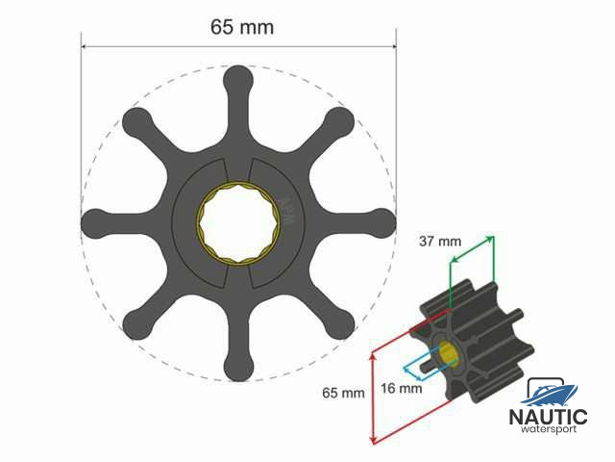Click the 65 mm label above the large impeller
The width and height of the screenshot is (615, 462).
coord(242,27)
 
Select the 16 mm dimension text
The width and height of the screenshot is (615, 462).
coord(401,389)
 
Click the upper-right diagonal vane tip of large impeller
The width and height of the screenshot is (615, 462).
coord(339,120)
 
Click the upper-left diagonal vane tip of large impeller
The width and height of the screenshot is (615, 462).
coord(136,120)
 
